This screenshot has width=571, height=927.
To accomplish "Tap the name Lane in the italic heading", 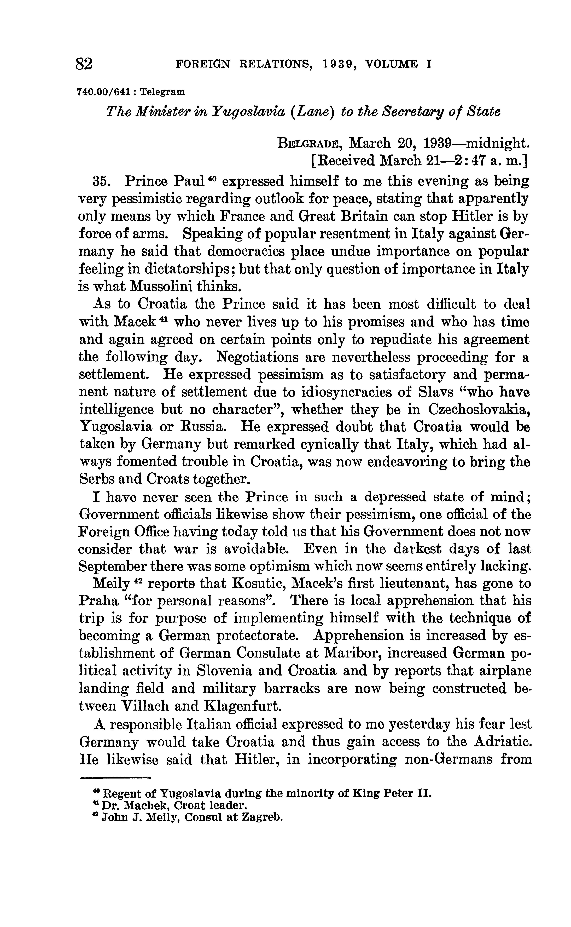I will (x=317, y=112).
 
